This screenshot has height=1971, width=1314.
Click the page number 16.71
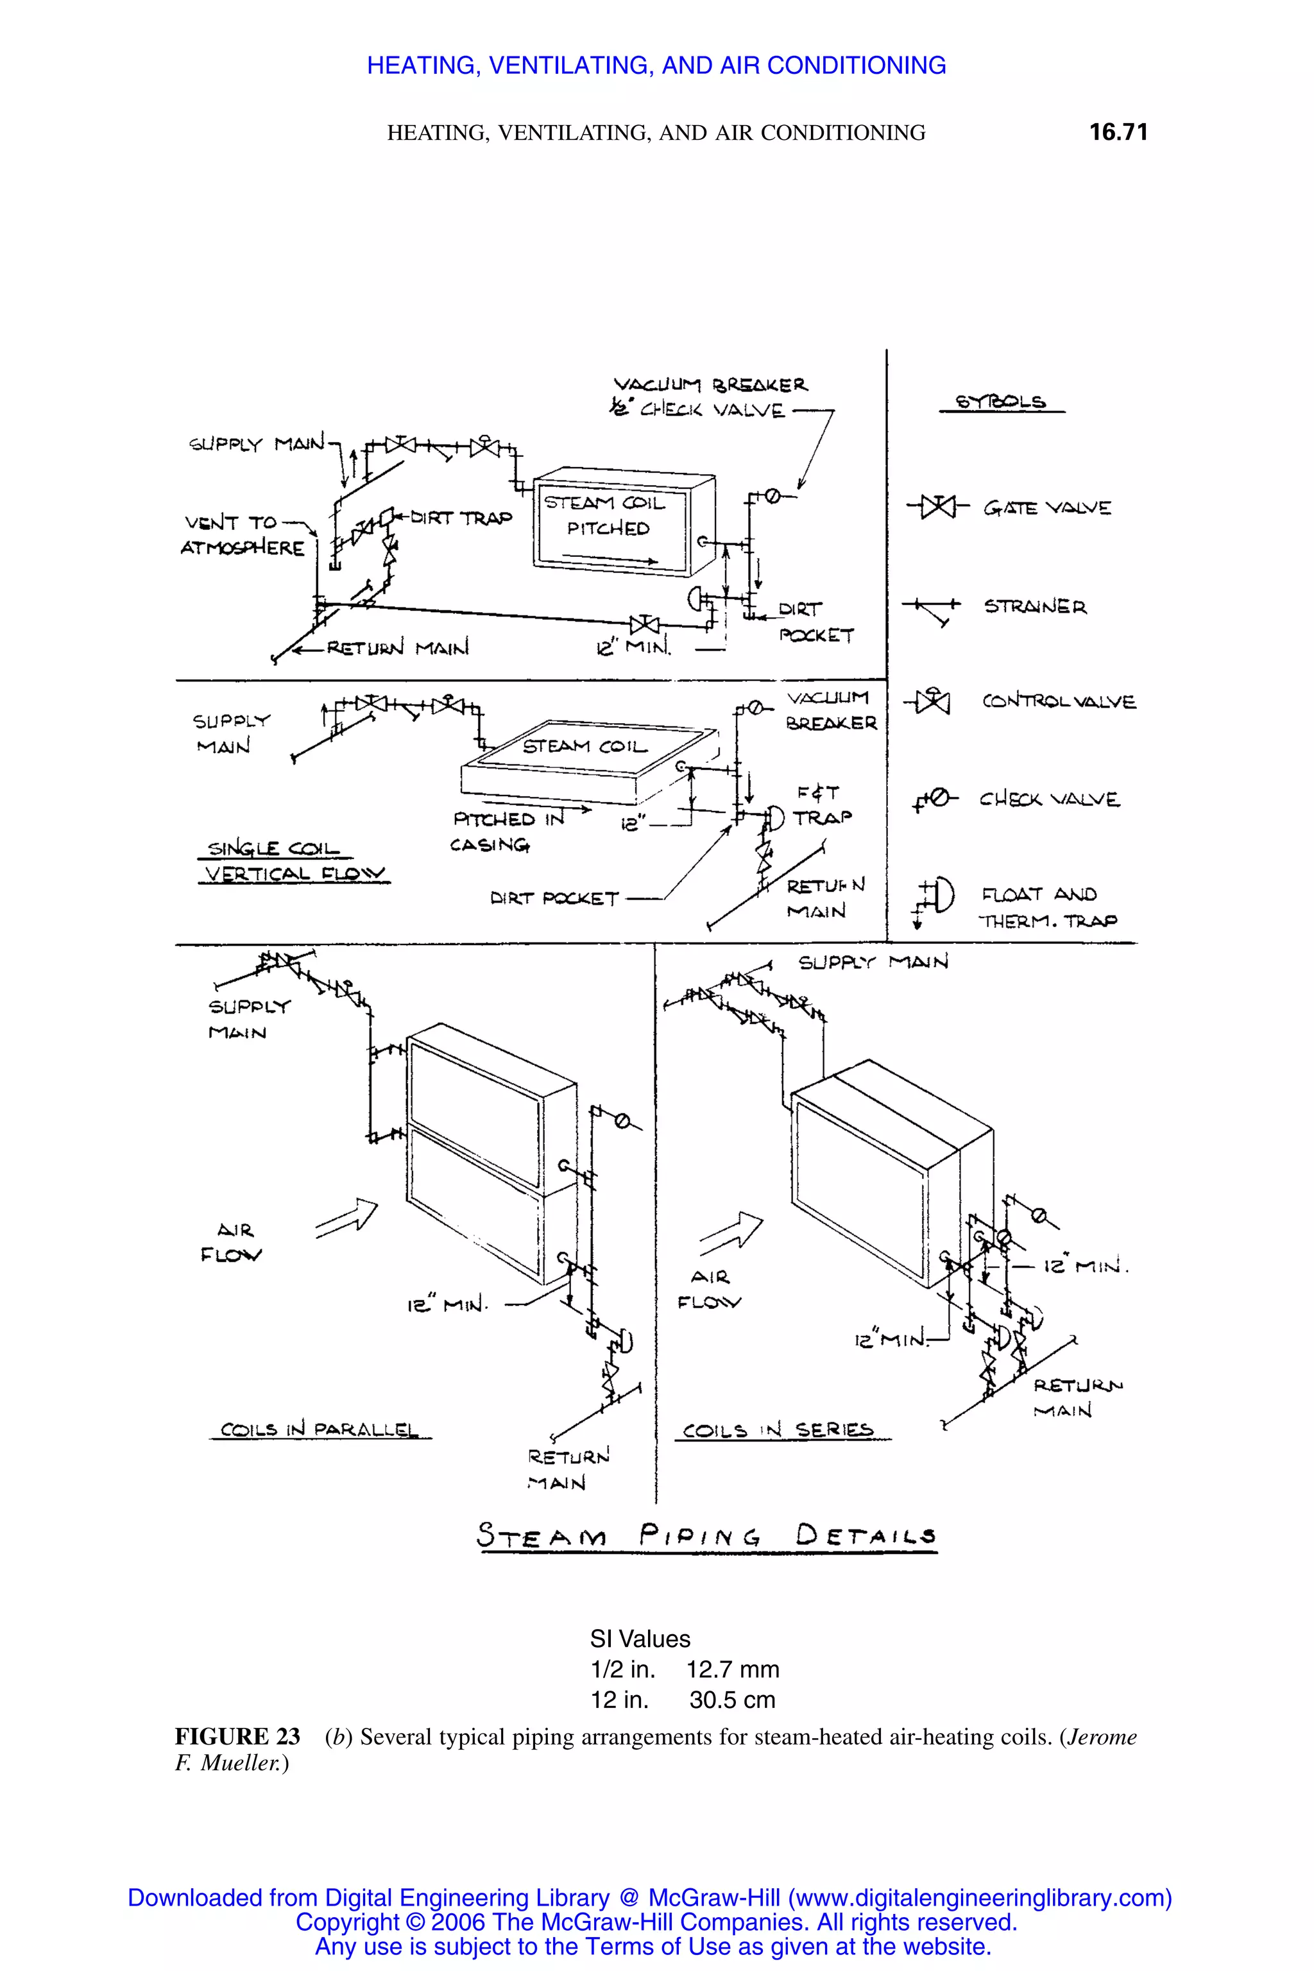pyautogui.click(x=1118, y=132)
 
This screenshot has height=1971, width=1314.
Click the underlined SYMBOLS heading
pyautogui.click(x=1001, y=402)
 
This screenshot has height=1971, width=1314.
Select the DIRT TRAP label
pyautogui.click(x=460, y=518)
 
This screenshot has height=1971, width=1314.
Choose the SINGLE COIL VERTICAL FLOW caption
pyautogui.click(x=293, y=862)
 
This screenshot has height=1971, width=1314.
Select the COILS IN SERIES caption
pyautogui.click(x=778, y=1429)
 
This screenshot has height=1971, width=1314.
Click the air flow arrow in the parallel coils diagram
pyautogui.click(x=346, y=1218)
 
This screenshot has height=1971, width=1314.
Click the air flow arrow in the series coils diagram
pyautogui.click(x=731, y=1231)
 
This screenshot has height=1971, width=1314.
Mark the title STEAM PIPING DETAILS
pyautogui.click(x=706, y=1536)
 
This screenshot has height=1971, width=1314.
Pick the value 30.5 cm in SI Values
pyautogui.click(x=731, y=1700)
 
